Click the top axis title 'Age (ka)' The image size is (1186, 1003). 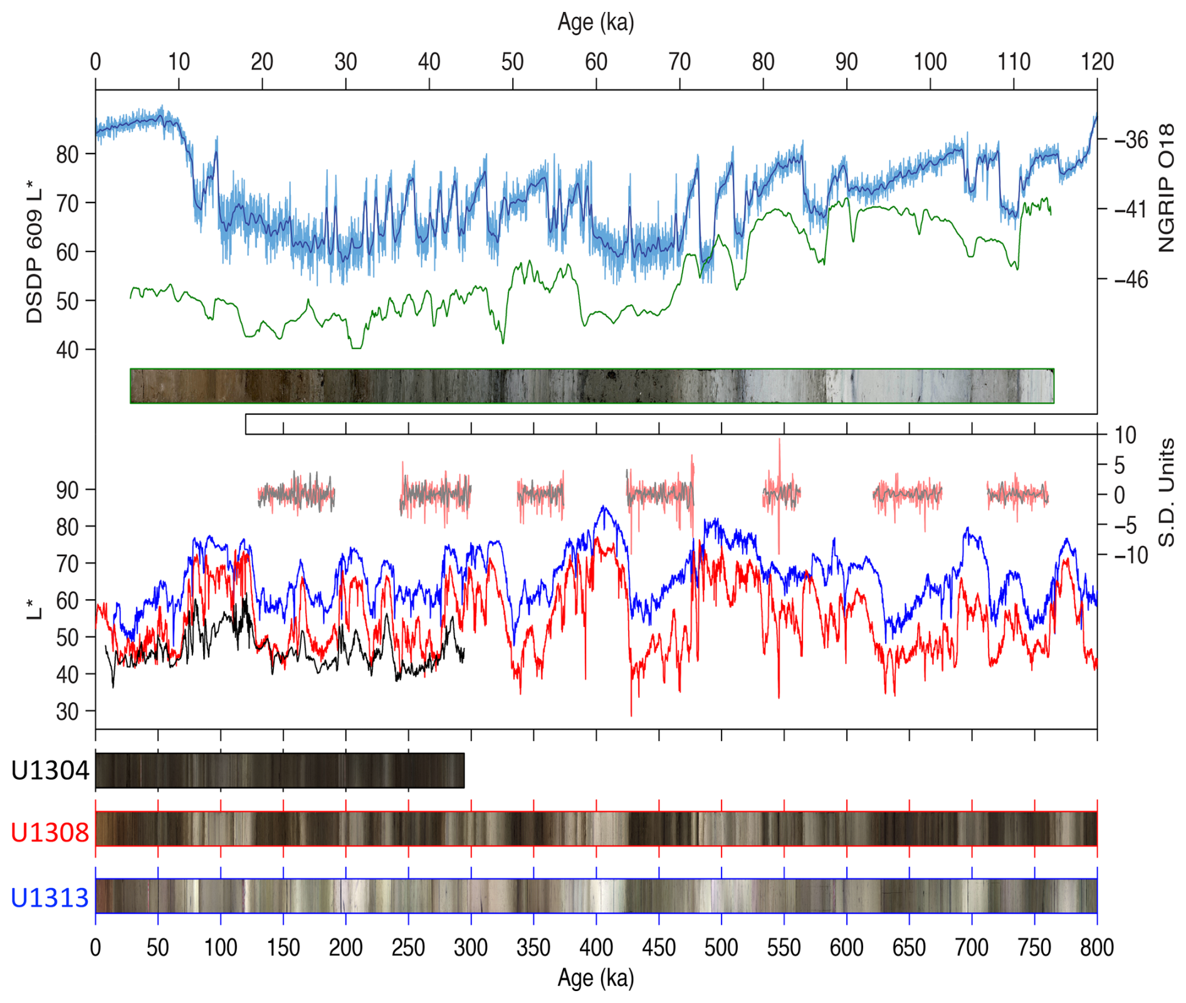[x=596, y=23]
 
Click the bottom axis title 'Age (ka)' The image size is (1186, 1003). [x=596, y=978]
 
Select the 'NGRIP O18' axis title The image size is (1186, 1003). [x=1166, y=188]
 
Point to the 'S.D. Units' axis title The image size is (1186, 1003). [x=1166, y=493]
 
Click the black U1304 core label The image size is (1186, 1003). [x=50, y=770]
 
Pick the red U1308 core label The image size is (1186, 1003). [x=50, y=832]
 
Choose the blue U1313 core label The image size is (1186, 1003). [x=50, y=898]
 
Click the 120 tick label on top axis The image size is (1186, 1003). [x=1097, y=62]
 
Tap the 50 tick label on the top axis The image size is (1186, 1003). [x=512, y=62]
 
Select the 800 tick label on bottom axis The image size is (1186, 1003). [x=1097, y=947]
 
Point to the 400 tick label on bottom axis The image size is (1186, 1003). [x=596, y=947]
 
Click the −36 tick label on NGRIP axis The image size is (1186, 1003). [x=1131, y=139]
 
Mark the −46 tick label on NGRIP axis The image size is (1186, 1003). [x=1131, y=279]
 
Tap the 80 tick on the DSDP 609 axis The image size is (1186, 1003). [x=67, y=154]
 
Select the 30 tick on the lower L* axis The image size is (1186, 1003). [x=67, y=712]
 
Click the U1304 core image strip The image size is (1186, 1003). [x=280, y=770]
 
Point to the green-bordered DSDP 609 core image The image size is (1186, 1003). [x=592, y=386]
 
